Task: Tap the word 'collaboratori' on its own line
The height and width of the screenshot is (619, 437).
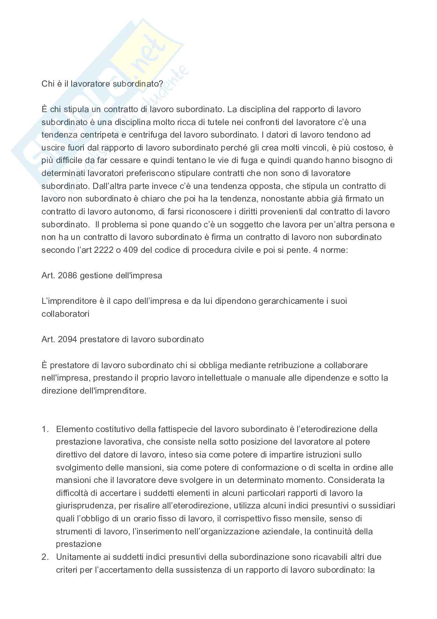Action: coord(65,314)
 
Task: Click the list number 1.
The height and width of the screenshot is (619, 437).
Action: coord(45,429)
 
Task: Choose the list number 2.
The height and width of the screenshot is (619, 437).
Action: coord(45,557)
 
